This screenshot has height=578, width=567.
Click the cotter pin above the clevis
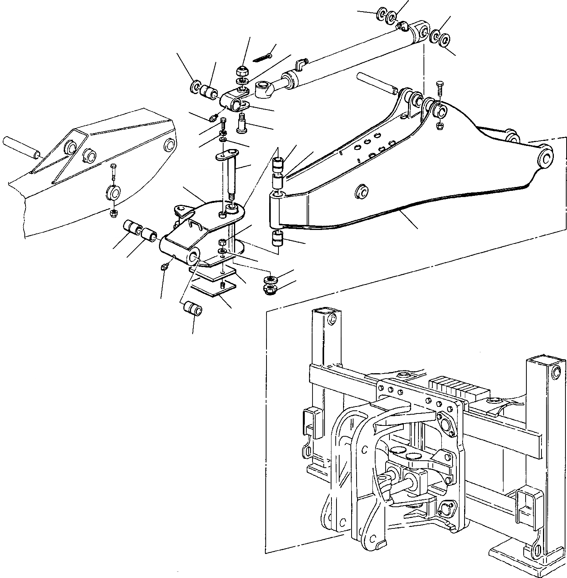point(263,58)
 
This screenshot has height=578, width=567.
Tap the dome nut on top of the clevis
point(242,72)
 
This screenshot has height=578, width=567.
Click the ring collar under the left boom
point(113,194)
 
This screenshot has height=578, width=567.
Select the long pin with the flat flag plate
point(227,170)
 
